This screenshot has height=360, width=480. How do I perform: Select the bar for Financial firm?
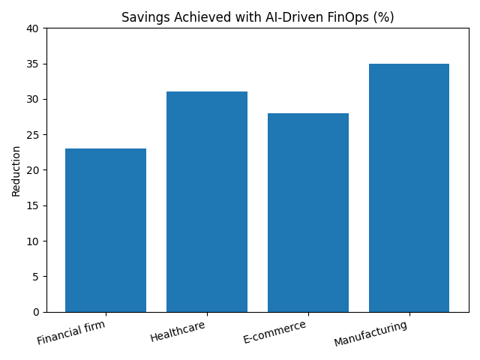pyautogui.click(x=106, y=230)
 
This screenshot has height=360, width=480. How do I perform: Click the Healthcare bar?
pyautogui.click(x=207, y=202)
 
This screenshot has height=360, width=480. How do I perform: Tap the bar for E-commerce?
pyautogui.click(x=308, y=212)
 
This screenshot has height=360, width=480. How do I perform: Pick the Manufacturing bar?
pyautogui.click(x=409, y=187)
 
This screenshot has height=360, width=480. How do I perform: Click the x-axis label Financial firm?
pyautogui.click(x=71, y=331)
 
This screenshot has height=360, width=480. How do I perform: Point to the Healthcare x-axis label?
pyautogui.click(x=177, y=331)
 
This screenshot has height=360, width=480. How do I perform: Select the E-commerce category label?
pyautogui.click(x=274, y=331)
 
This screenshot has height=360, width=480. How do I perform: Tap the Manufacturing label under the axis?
pyautogui.click(x=370, y=334)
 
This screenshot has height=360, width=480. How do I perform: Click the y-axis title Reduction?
pyautogui.click(x=16, y=170)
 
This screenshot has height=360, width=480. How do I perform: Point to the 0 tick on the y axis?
pyautogui.click(x=37, y=312)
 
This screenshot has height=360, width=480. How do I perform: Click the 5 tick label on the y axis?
pyautogui.click(x=37, y=277)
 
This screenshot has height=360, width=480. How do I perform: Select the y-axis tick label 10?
pyautogui.click(x=34, y=241)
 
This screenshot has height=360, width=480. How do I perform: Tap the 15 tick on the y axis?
pyautogui.click(x=34, y=205)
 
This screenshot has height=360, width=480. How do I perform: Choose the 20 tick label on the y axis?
pyautogui.click(x=34, y=170)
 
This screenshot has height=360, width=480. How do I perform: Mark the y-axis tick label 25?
pyautogui.click(x=34, y=135)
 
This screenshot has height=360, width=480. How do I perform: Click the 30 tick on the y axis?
pyautogui.click(x=34, y=100)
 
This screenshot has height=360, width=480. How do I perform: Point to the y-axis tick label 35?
pyautogui.click(x=34, y=64)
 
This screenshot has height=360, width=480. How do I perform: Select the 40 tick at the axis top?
pyautogui.click(x=34, y=28)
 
